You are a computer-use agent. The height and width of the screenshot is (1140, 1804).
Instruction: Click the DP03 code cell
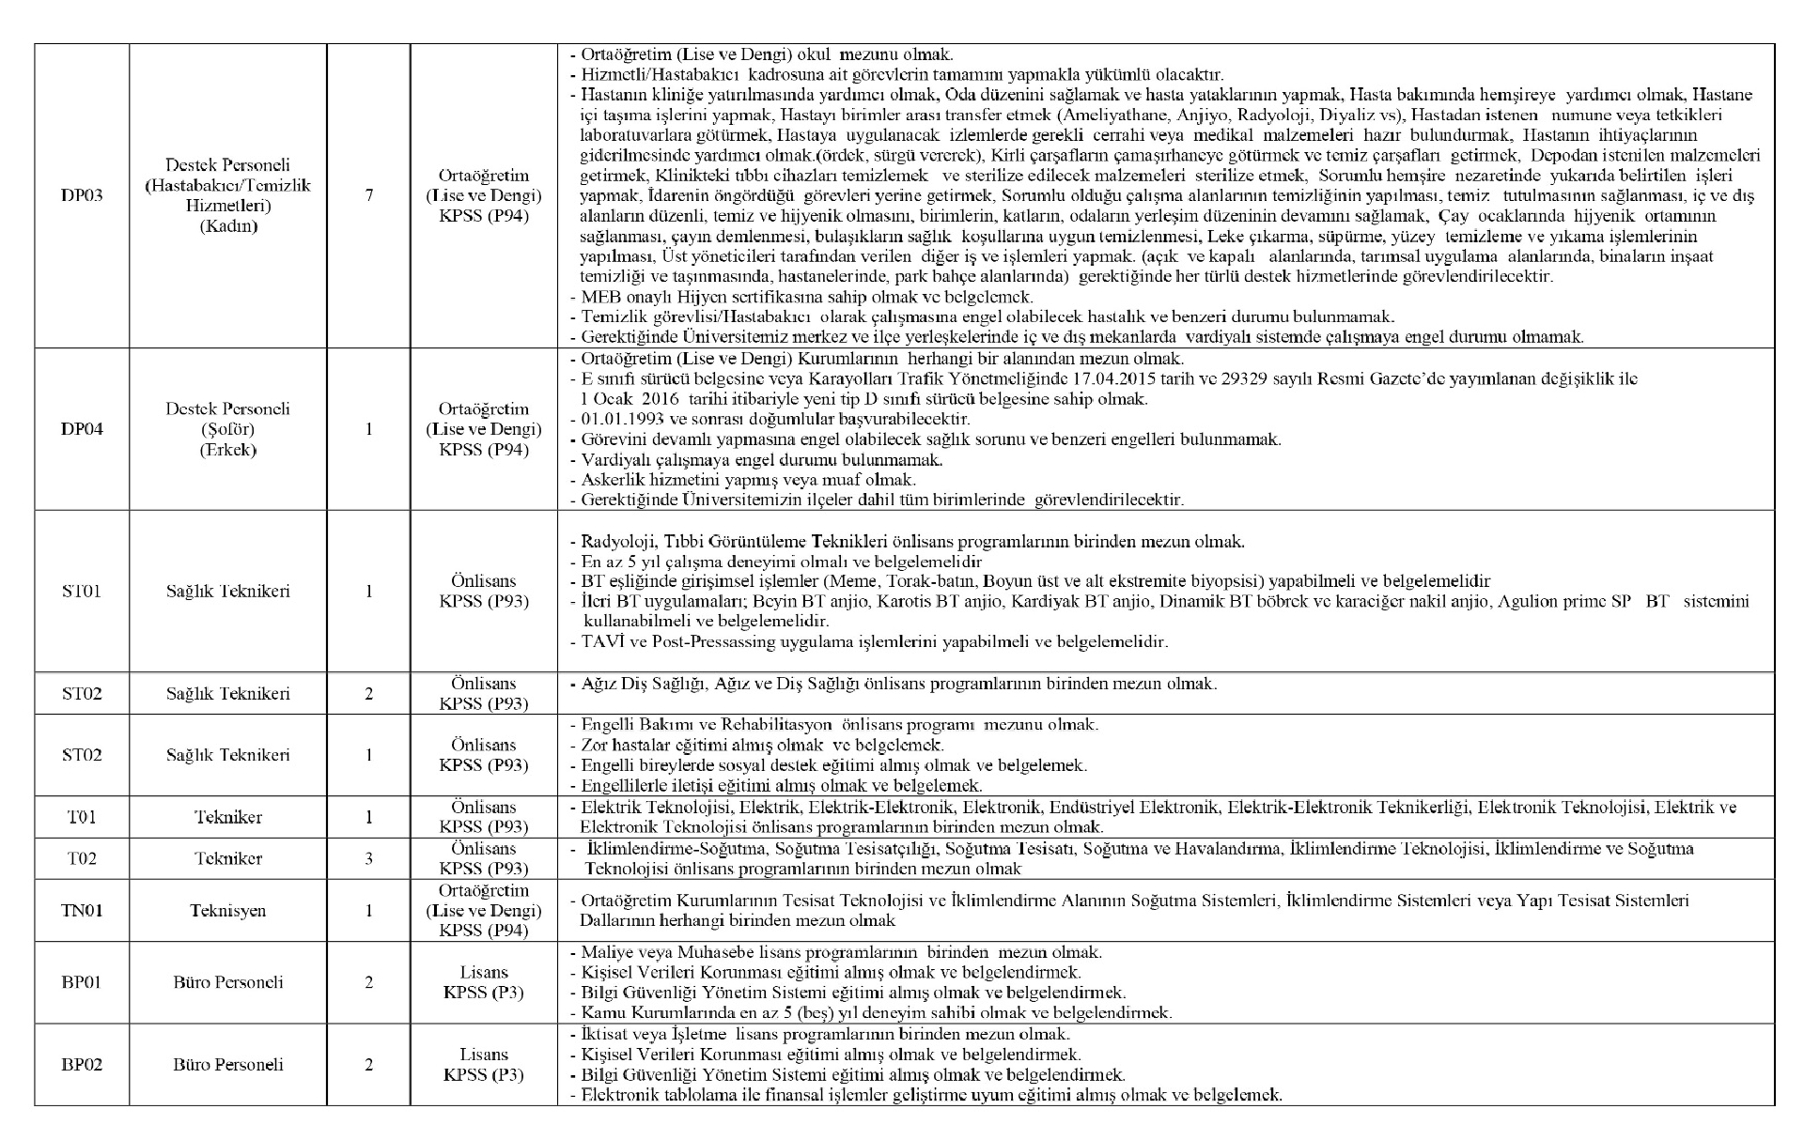coord(82,195)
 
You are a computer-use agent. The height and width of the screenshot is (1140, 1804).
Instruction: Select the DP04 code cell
coord(82,429)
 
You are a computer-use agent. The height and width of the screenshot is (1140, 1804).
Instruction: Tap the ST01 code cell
coord(82,591)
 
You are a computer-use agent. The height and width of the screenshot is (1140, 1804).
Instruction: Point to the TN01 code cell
coord(82,910)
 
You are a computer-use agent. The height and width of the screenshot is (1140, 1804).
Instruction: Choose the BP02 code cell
coord(82,1064)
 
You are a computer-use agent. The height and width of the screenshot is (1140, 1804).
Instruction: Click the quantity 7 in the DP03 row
coord(368,195)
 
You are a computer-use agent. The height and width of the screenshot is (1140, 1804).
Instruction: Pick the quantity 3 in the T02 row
coord(368,858)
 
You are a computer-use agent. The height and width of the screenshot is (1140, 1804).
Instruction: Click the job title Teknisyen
coord(227,910)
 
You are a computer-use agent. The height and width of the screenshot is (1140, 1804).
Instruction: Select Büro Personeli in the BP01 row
coord(227,982)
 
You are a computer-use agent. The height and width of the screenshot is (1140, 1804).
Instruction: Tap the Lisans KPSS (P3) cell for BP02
coord(483,1064)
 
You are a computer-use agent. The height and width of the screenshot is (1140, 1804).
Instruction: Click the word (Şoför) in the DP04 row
coord(227,429)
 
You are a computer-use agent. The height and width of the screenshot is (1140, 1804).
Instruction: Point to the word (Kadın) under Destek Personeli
coord(227,225)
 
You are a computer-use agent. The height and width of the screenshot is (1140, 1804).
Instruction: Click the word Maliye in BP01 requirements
coord(605,952)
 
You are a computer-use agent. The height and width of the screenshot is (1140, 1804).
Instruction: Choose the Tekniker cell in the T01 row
coord(227,817)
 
